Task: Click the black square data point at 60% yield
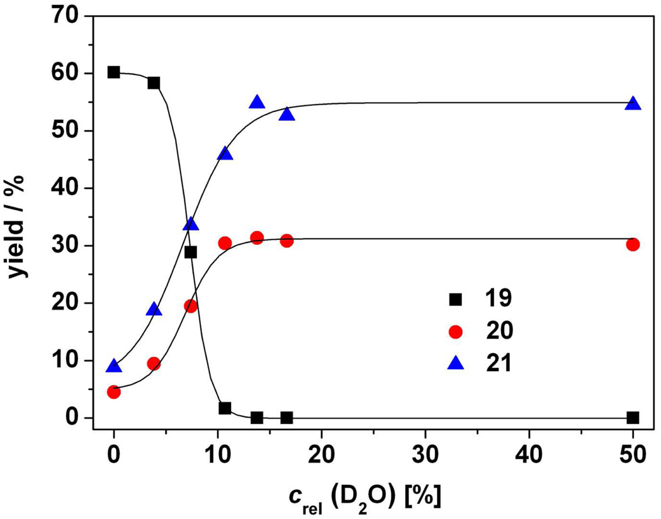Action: tap(113, 72)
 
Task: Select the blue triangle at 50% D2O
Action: tap(633, 104)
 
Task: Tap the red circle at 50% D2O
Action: tap(633, 244)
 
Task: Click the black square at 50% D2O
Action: tap(633, 418)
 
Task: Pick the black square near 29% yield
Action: tap(191, 252)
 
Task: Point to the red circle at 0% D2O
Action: tap(113, 392)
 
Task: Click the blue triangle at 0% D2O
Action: tap(113, 367)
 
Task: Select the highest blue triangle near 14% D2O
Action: tap(257, 103)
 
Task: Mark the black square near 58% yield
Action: tap(154, 83)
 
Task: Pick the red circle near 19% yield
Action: tap(191, 306)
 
